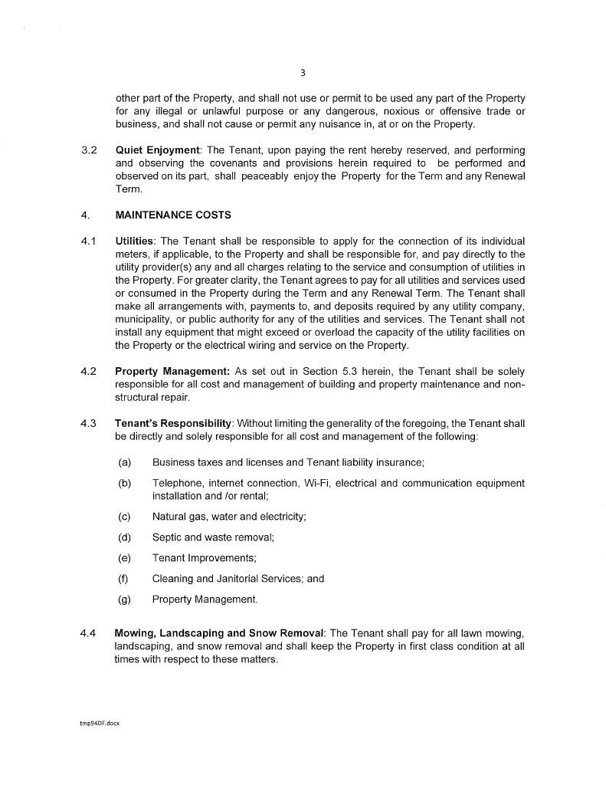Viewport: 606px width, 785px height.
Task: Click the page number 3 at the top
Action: click(x=303, y=74)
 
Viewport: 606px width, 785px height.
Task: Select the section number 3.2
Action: click(x=88, y=150)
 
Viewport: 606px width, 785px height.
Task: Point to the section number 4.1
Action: click(x=88, y=241)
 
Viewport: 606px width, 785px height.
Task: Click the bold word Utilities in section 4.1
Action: click(x=134, y=241)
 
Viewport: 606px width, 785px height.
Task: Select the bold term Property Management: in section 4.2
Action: click(x=172, y=371)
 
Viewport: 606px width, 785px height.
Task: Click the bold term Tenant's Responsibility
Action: click(x=173, y=423)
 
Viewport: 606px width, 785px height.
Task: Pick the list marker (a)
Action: click(x=125, y=462)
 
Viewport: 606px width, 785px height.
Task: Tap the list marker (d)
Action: click(x=125, y=537)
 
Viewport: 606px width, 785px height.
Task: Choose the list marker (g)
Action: click(x=125, y=599)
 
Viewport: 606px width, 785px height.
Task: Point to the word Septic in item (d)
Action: click(x=168, y=537)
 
